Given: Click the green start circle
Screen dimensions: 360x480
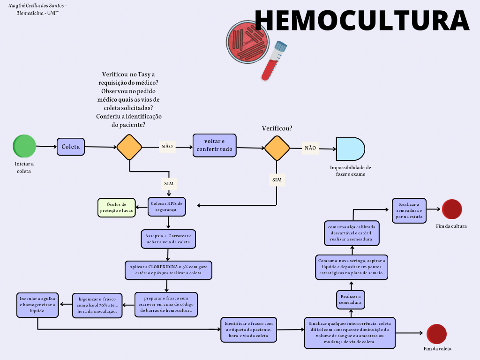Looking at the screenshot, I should (24, 146).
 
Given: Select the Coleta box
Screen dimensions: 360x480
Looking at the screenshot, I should (71, 147).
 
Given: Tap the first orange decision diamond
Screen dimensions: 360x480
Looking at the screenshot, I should (129, 147).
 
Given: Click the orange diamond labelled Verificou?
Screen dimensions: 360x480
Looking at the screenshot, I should (277, 148).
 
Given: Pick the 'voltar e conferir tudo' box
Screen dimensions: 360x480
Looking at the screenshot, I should (214, 145).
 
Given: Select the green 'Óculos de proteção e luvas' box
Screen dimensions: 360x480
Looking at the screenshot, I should (116, 207).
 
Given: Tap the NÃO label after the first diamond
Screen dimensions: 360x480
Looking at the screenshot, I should (167, 146).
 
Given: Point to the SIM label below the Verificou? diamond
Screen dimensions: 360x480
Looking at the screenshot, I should (277, 180).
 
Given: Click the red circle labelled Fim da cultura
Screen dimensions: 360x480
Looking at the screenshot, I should (452, 209).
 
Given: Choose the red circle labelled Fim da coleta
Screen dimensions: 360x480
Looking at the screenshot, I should (436, 334).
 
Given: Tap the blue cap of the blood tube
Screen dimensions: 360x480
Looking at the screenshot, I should (281, 46).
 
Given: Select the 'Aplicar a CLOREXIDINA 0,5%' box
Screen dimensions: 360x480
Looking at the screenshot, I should (168, 270).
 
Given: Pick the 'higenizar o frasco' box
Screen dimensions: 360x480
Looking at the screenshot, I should (97, 305).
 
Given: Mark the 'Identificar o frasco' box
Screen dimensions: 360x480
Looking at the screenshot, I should (249, 330).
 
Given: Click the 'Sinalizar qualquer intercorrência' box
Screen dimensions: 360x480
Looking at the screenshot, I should (349, 332).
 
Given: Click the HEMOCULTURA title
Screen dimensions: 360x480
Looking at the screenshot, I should (361, 20).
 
